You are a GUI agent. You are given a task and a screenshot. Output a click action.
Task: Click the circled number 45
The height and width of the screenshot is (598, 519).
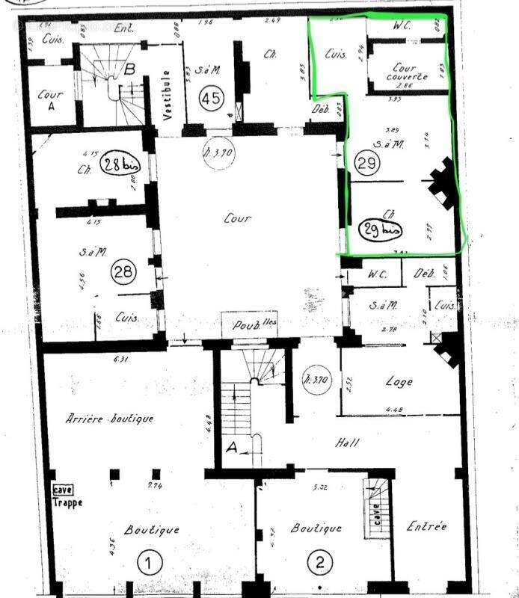(x=212, y=98)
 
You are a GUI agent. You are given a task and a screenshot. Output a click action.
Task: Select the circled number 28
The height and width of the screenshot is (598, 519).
(x=122, y=273)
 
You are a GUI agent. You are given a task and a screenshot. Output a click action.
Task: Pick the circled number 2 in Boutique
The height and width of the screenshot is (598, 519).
(x=320, y=563)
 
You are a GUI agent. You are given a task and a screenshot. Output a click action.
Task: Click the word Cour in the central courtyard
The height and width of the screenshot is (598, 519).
(x=237, y=219)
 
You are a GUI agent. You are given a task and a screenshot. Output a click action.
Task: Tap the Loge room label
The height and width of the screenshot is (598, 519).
(x=399, y=381)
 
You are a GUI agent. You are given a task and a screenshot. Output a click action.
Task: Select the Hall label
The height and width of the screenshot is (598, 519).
(x=347, y=443)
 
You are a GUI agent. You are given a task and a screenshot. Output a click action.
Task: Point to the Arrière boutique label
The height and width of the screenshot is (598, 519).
(x=109, y=419)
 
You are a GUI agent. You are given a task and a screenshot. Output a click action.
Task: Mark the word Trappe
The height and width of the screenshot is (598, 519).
(x=67, y=503)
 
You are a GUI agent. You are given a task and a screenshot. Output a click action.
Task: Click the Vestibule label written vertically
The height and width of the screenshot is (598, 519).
(x=169, y=96)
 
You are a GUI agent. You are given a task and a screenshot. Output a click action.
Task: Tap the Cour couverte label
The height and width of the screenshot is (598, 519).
(x=406, y=72)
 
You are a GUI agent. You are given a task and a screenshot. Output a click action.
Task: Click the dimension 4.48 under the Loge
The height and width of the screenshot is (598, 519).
(x=396, y=409)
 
